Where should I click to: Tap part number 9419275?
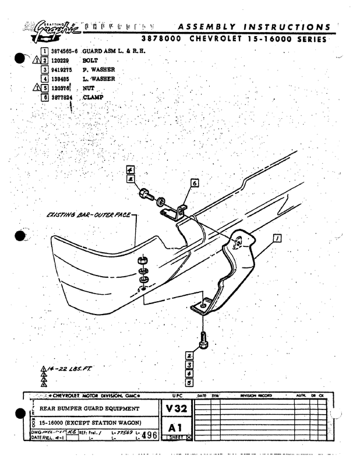[x=62, y=69]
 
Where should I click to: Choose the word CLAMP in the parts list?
[x=93, y=97]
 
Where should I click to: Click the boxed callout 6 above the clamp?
[x=194, y=183]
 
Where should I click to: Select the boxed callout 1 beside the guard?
[x=277, y=238]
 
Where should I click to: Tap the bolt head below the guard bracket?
[x=203, y=344]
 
